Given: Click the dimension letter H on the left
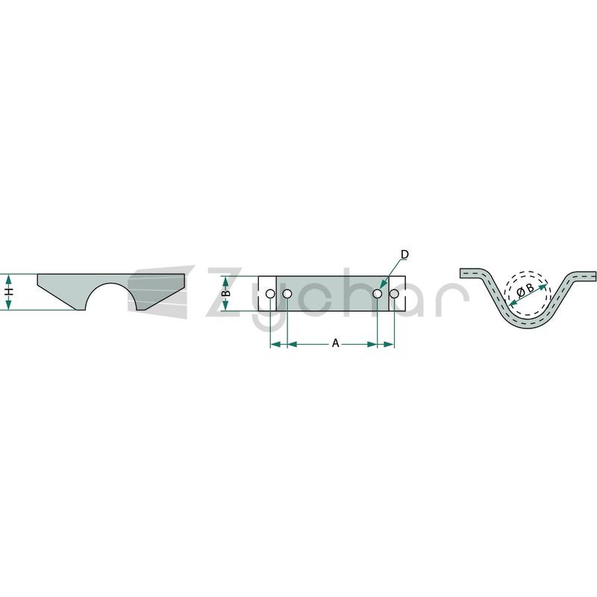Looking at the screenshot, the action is click(x=10, y=292).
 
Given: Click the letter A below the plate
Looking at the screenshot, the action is click(x=335, y=343).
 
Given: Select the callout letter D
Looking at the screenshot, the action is click(x=404, y=254).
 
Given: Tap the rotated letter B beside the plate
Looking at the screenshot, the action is click(x=226, y=293).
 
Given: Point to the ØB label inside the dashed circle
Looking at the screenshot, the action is click(x=525, y=290).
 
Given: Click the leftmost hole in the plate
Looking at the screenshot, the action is click(x=270, y=293).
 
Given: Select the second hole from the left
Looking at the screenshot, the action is click(x=287, y=293).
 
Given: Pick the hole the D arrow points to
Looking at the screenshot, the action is click(x=377, y=293).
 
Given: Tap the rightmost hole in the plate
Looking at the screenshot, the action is click(x=394, y=293).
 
